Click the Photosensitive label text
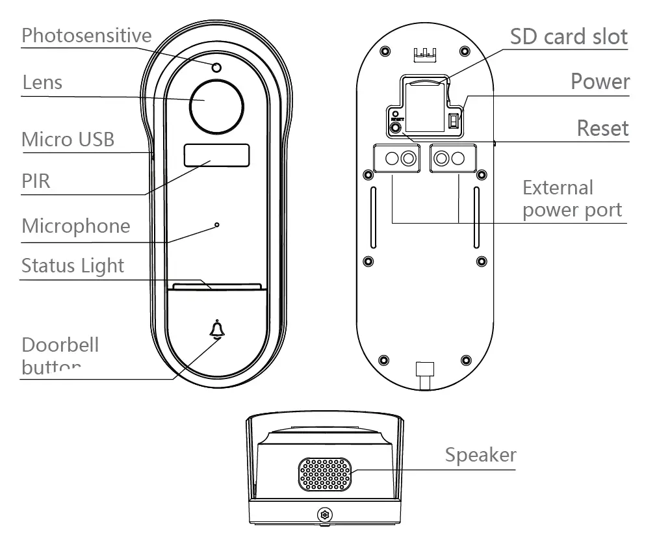86,36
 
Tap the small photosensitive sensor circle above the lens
216,67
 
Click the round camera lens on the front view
216,105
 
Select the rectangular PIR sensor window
216,156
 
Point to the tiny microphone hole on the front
217,226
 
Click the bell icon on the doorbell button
216,330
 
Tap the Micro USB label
68,139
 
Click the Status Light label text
73,266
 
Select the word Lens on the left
42,83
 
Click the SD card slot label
569,36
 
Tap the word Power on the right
600,82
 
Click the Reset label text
602,128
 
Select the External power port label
572,199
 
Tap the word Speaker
480,455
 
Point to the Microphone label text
76,226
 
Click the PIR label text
36,181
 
